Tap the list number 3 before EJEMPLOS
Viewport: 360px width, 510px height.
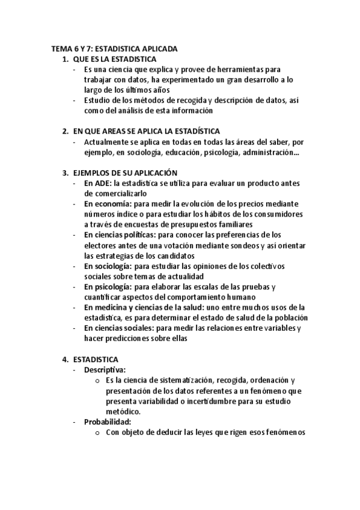tap(66, 173)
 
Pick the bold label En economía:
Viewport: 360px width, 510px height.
tap(109, 204)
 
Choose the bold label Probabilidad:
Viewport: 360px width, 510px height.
tap(108, 421)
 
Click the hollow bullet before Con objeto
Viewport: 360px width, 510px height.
tap(97, 432)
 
